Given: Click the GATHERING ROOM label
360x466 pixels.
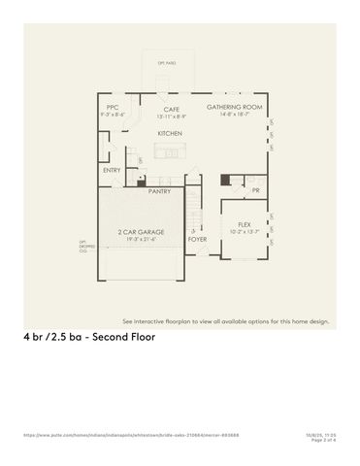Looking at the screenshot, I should tap(235, 107).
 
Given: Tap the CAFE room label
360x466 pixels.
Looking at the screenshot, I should tap(171, 109).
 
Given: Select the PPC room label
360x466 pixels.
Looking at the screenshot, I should tap(112, 108).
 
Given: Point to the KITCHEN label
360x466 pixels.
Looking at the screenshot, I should tap(171, 133).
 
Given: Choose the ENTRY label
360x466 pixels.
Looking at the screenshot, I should tap(112, 171).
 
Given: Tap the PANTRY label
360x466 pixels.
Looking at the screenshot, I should tap(160, 191).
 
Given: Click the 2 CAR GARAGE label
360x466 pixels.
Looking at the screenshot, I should tap(141, 232).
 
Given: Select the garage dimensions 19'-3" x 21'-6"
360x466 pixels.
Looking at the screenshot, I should tap(141, 239).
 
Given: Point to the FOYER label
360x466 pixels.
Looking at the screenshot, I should tap(197, 238).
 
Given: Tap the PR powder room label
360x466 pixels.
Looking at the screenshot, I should tap(256, 191).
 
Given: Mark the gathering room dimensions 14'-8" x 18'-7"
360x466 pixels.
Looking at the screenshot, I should tap(235, 115).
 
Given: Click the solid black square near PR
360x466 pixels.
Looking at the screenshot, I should tap(225, 180).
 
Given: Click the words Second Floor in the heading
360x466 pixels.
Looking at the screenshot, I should tap(118, 338).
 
